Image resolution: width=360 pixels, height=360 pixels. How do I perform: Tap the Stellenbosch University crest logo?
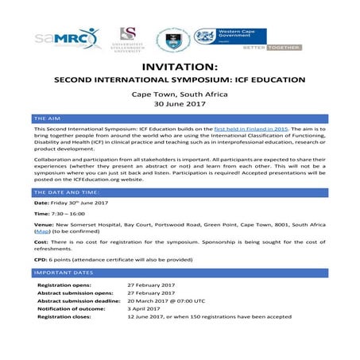(x=127, y=37)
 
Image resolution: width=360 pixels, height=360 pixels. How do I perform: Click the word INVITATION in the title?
(x=180, y=66)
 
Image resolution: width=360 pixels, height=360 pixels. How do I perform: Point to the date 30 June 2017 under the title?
(x=180, y=103)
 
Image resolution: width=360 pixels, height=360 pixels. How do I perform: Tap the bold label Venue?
(x=45, y=225)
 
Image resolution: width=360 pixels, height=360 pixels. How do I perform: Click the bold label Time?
(x=43, y=215)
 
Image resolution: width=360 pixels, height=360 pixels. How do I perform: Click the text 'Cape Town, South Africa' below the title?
(x=180, y=92)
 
